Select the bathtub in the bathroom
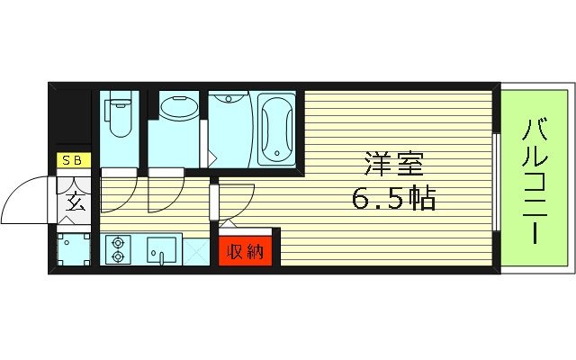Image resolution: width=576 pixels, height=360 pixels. (275, 128)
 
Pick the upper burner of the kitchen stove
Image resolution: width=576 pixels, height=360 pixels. (117, 242)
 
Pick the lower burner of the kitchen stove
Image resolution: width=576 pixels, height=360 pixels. (117, 256)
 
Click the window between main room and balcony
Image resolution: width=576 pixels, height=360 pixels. (498, 179)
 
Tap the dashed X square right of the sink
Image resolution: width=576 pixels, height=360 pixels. (197, 249)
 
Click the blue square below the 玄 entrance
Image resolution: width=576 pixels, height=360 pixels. (72, 248)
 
